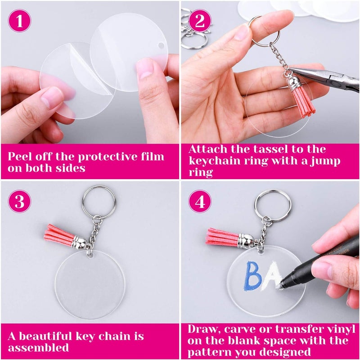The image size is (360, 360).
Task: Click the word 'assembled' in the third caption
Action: (x=38, y=348)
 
